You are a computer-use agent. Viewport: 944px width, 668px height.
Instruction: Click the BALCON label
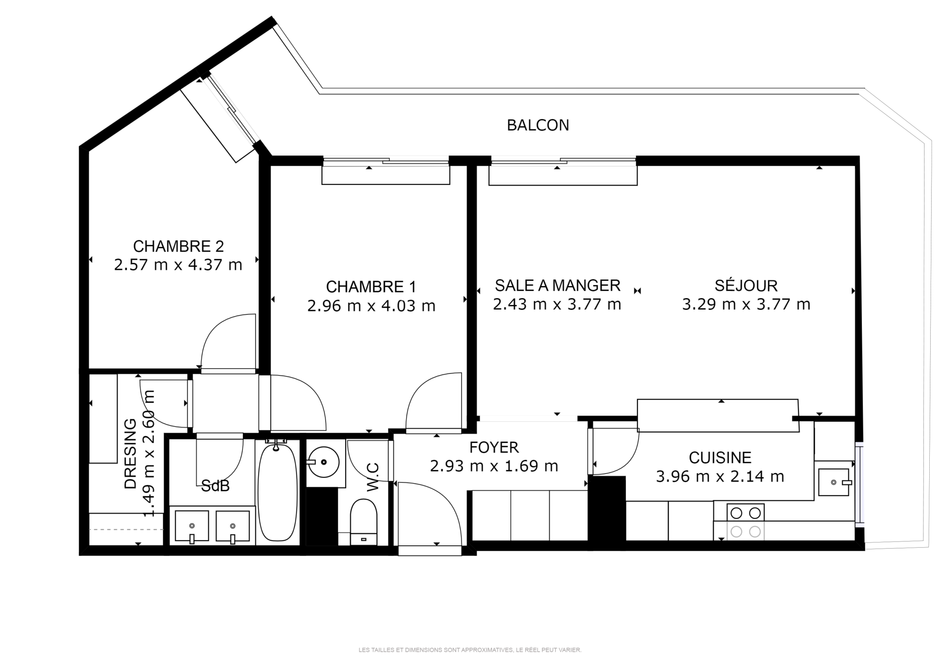[538, 125]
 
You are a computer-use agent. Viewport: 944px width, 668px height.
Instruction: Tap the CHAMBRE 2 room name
[178, 246]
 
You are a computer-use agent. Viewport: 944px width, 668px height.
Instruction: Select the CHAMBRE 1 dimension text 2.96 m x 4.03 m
[371, 306]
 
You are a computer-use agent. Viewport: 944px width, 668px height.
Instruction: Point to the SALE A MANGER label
[558, 286]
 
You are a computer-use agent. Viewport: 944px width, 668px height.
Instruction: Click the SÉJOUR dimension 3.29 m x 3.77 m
[746, 304]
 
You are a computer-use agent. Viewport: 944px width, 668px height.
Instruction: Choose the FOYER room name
[494, 447]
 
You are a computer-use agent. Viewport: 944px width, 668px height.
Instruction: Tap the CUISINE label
[720, 458]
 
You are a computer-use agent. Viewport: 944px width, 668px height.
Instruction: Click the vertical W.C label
[373, 477]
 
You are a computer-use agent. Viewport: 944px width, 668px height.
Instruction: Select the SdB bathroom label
[215, 486]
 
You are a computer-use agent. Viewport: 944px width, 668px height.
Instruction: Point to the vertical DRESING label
[131, 453]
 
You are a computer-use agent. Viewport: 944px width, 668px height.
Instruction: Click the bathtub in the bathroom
[277, 492]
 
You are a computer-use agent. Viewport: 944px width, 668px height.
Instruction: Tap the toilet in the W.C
[364, 522]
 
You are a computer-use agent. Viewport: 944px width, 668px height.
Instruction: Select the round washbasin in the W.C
[324, 462]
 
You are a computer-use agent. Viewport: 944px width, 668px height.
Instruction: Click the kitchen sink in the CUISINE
[834, 482]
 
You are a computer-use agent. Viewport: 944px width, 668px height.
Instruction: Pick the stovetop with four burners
[745, 522]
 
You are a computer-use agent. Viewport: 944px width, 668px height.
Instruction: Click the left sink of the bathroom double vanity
[192, 526]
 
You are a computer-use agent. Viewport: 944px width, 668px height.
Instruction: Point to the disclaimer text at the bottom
[470, 650]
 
